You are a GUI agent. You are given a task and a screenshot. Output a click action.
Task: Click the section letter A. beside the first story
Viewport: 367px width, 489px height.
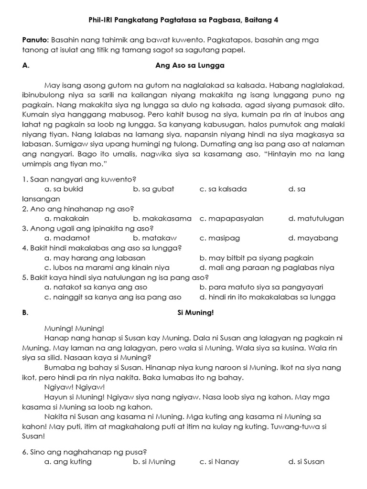click(26, 66)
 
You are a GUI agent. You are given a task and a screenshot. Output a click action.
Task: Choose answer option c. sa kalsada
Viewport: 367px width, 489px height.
click(223, 189)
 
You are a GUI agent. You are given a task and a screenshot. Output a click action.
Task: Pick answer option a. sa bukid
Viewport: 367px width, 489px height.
click(64, 189)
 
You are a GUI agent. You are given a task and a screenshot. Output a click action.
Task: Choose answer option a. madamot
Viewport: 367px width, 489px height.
click(67, 238)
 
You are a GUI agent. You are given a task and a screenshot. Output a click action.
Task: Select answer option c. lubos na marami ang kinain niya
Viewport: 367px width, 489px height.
click(107, 267)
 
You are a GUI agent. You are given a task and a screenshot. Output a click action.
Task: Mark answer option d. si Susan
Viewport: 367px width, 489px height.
click(306, 462)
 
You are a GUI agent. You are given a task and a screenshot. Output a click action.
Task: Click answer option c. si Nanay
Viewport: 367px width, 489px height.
click(219, 462)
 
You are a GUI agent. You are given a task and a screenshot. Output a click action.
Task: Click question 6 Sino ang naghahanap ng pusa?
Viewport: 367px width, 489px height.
click(84, 452)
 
